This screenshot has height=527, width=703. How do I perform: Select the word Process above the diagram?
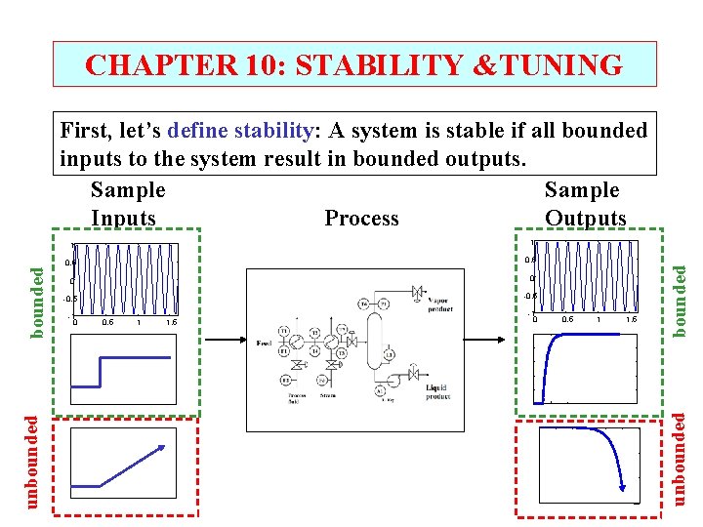coord(361,218)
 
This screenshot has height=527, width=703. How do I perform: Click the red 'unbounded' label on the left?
coord(34,461)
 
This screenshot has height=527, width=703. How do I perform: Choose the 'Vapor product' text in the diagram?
coord(439,305)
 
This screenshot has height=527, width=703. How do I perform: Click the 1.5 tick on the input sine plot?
coord(171,322)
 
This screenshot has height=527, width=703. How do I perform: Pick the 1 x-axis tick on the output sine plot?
coord(599,319)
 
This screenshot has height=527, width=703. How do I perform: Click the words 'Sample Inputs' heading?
coord(127,203)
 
